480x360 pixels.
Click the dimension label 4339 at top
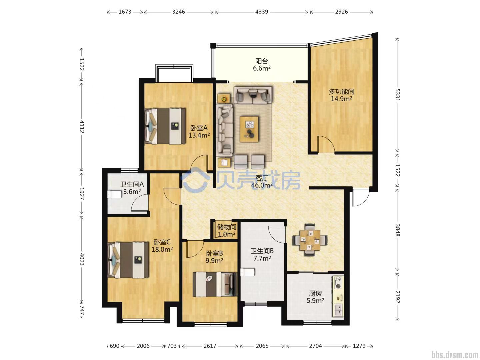click(x=261, y=12)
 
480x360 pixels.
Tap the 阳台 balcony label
click(x=262, y=61)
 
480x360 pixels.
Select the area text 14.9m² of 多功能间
click(x=341, y=99)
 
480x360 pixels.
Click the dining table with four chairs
click(x=310, y=240)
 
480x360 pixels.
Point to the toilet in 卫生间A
click(x=114, y=194)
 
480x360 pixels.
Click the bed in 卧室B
click(x=215, y=284)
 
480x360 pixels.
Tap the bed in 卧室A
click(x=165, y=126)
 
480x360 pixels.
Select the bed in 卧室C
click(x=128, y=260)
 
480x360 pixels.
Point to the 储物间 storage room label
click(x=227, y=227)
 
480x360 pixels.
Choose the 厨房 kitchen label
click(x=315, y=293)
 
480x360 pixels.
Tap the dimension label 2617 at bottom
click(x=210, y=346)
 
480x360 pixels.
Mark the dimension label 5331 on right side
click(x=397, y=95)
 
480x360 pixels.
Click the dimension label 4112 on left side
click(x=82, y=127)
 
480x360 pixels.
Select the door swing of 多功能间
click(x=326, y=144)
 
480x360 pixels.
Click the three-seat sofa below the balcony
click(x=253, y=95)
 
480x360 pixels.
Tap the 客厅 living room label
click(x=262, y=178)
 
